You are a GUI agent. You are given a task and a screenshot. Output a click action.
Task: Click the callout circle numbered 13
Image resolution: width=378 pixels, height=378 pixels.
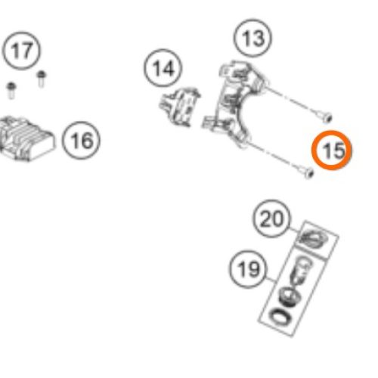click(253, 38)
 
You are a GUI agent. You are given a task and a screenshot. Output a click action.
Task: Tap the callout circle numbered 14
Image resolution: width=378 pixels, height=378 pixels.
click(163, 68)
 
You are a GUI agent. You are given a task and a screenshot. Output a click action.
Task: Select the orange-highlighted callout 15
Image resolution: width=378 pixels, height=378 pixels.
click(331, 150)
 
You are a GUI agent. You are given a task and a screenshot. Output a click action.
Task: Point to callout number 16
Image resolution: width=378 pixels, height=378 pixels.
click(81, 140)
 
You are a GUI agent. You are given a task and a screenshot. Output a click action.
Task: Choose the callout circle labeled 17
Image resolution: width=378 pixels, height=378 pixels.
click(21, 51)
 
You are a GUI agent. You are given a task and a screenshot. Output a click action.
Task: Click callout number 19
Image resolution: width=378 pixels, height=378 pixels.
click(248, 269)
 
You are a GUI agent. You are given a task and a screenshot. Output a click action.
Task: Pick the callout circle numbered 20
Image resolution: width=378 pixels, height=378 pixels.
click(271, 218)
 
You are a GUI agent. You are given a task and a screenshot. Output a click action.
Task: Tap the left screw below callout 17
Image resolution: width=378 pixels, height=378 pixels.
click(11, 90)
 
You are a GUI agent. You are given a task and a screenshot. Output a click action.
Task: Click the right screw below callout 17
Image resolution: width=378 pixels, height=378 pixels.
click(42, 79)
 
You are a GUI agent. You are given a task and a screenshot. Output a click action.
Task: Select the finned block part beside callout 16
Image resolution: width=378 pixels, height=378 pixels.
click(26, 138)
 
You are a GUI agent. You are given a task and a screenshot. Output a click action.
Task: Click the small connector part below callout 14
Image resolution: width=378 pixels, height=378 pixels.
click(179, 107)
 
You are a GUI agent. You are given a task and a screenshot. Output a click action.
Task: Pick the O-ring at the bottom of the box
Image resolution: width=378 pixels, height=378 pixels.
click(277, 316)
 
